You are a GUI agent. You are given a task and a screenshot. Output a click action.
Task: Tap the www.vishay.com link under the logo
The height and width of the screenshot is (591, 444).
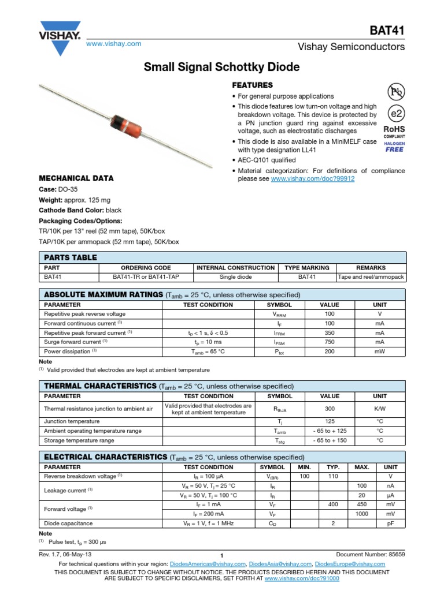[113, 44]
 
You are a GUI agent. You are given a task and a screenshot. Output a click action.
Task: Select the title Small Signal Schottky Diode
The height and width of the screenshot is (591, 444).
[221, 68]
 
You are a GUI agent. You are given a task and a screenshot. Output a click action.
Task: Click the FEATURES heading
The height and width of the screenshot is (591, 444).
[252, 85]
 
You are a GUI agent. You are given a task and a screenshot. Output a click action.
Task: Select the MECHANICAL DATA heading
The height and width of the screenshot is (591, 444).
[76, 178]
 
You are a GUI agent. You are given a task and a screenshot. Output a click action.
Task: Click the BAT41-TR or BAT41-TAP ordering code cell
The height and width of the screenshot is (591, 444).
[146, 277]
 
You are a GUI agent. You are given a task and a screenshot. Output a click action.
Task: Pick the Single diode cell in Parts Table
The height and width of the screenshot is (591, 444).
[235, 277]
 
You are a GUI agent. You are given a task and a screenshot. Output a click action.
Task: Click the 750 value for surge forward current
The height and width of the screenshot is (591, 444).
[330, 342]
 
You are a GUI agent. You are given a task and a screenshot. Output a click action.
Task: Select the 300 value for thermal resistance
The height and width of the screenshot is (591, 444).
[330, 409]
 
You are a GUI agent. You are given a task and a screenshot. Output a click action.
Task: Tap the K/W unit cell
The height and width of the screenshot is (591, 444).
[380, 409]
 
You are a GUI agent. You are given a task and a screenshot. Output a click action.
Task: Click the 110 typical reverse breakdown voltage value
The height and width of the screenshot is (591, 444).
[332, 476]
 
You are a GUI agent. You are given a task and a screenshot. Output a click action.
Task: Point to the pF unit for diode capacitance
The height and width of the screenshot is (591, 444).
[390, 523]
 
